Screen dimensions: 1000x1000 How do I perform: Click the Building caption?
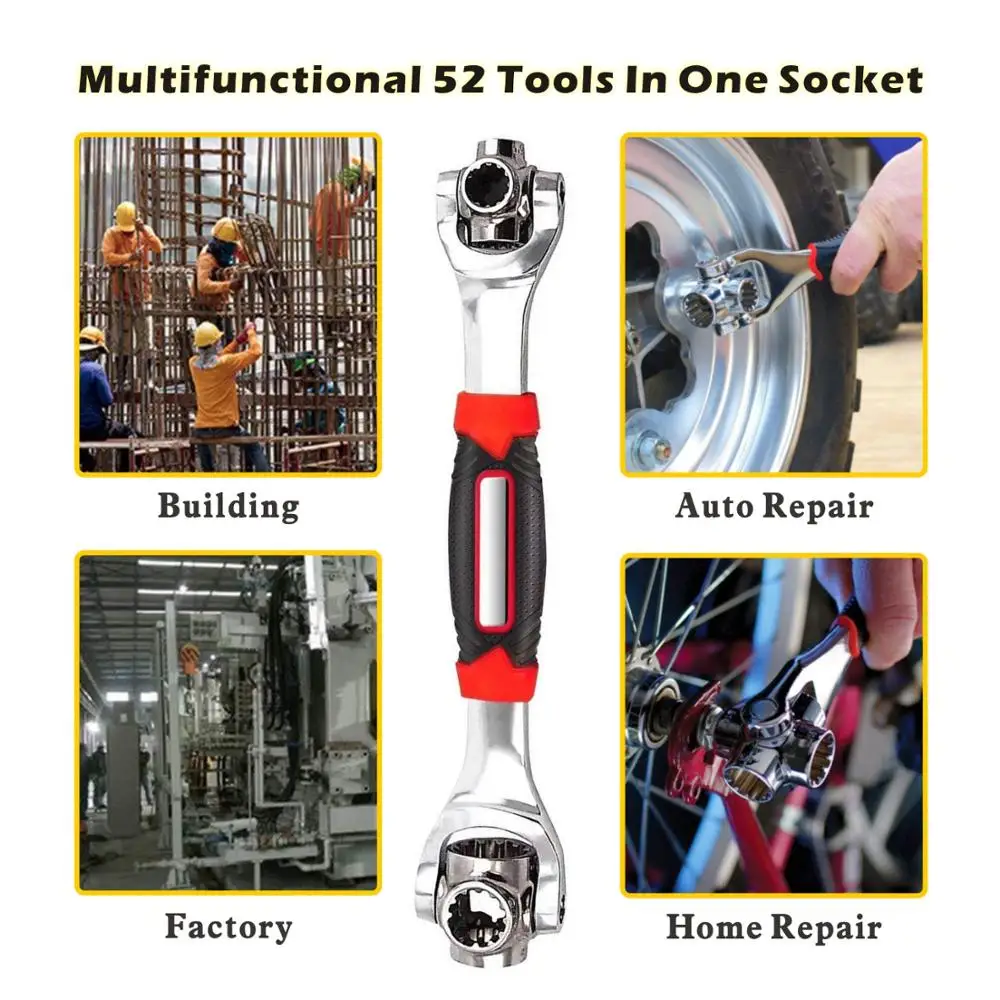click(x=228, y=505)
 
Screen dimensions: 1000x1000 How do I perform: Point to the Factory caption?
click(x=228, y=926)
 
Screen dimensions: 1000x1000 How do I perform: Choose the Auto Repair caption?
click(x=773, y=505)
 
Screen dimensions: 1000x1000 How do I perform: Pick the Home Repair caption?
click(x=773, y=927)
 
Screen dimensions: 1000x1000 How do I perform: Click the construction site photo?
click(x=228, y=304)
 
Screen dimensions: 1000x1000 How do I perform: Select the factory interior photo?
click(x=228, y=722)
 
